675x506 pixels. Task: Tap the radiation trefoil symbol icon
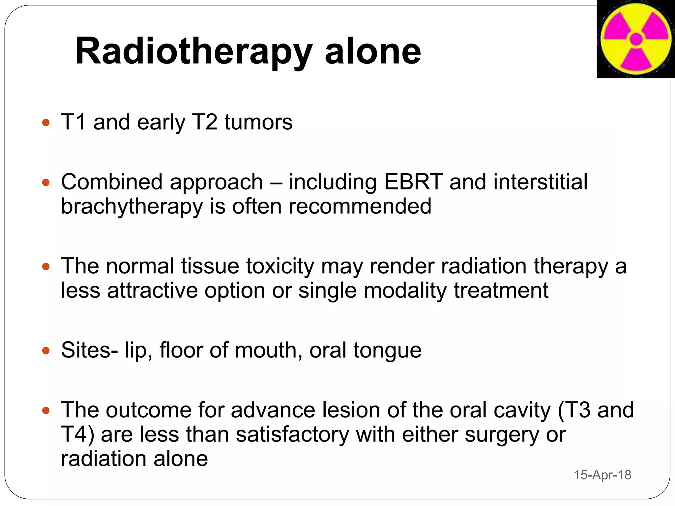pyautogui.click(x=636, y=39)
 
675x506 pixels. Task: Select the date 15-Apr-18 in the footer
pyautogui.click(x=602, y=475)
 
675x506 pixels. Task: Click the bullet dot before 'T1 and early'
pyautogui.click(x=46, y=123)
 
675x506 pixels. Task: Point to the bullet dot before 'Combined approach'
pyautogui.click(x=46, y=183)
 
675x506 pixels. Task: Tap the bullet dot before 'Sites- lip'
pyautogui.click(x=46, y=351)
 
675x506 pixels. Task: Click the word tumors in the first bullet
pyautogui.click(x=258, y=122)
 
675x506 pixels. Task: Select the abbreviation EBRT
pyautogui.click(x=413, y=182)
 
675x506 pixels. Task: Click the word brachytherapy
pyautogui.click(x=132, y=207)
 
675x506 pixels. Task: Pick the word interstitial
pyautogui.click(x=540, y=182)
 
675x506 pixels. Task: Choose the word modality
pyautogui.click(x=405, y=291)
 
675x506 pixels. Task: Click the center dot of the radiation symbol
pyautogui.click(x=636, y=39)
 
